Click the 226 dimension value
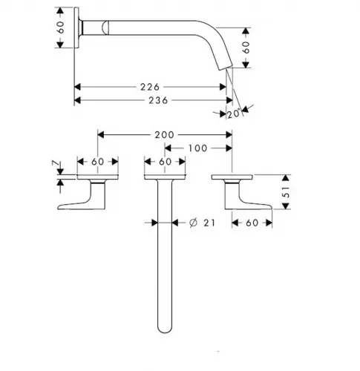click(x=150, y=87)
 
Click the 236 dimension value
click(x=158, y=100)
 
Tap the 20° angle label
click(x=234, y=114)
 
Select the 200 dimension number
click(x=164, y=135)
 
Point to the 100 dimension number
click(x=197, y=148)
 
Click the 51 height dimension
click(x=286, y=192)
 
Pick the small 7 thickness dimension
click(x=56, y=163)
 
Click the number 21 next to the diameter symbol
click(x=209, y=223)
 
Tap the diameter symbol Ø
click(x=193, y=223)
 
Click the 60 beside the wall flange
click(x=60, y=27)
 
